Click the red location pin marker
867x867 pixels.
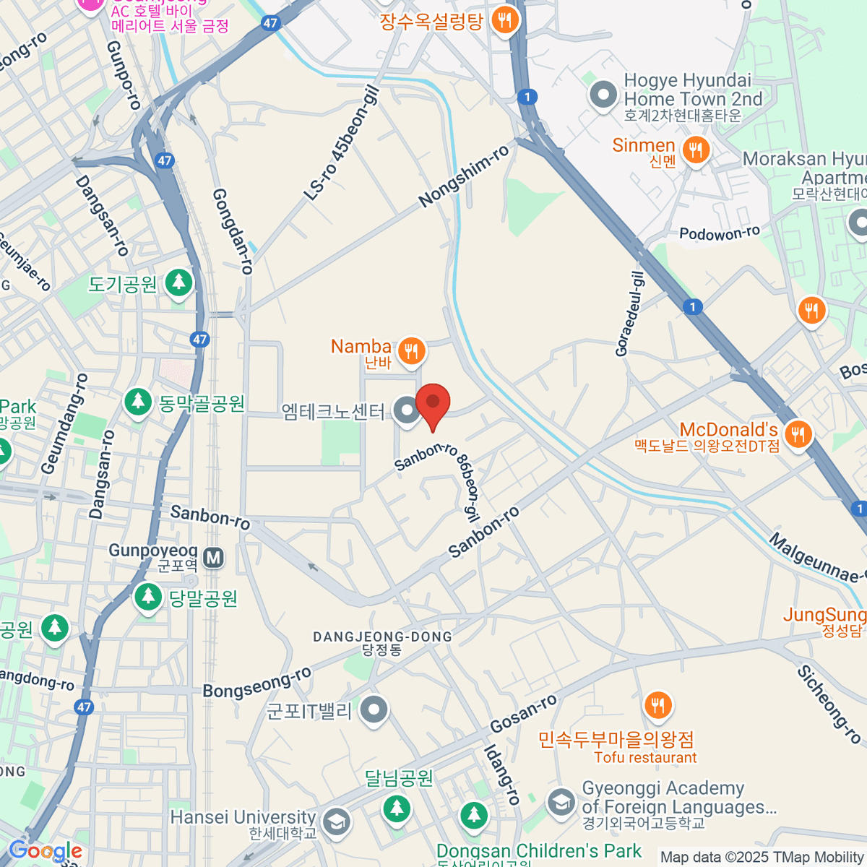point(433,403)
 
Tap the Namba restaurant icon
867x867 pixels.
point(411,351)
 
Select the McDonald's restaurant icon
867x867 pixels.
point(798,434)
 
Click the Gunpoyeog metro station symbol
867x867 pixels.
point(213,558)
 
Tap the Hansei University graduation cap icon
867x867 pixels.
point(336,821)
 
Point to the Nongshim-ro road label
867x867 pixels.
point(464,176)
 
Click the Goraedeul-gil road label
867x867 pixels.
point(629,314)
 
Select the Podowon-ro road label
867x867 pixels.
point(720,233)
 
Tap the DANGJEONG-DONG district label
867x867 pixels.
point(382,637)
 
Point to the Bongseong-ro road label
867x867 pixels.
point(256,683)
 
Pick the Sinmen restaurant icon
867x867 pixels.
point(696,150)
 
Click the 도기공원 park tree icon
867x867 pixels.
point(178,283)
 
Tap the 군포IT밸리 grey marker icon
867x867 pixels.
point(374,709)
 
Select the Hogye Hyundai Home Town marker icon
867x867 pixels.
point(603,95)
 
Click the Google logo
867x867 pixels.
point(45,851)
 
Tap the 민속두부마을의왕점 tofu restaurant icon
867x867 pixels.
point(657,705)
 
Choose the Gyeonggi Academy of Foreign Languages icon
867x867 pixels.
point(560,802)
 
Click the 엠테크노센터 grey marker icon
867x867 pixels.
point(407,411)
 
